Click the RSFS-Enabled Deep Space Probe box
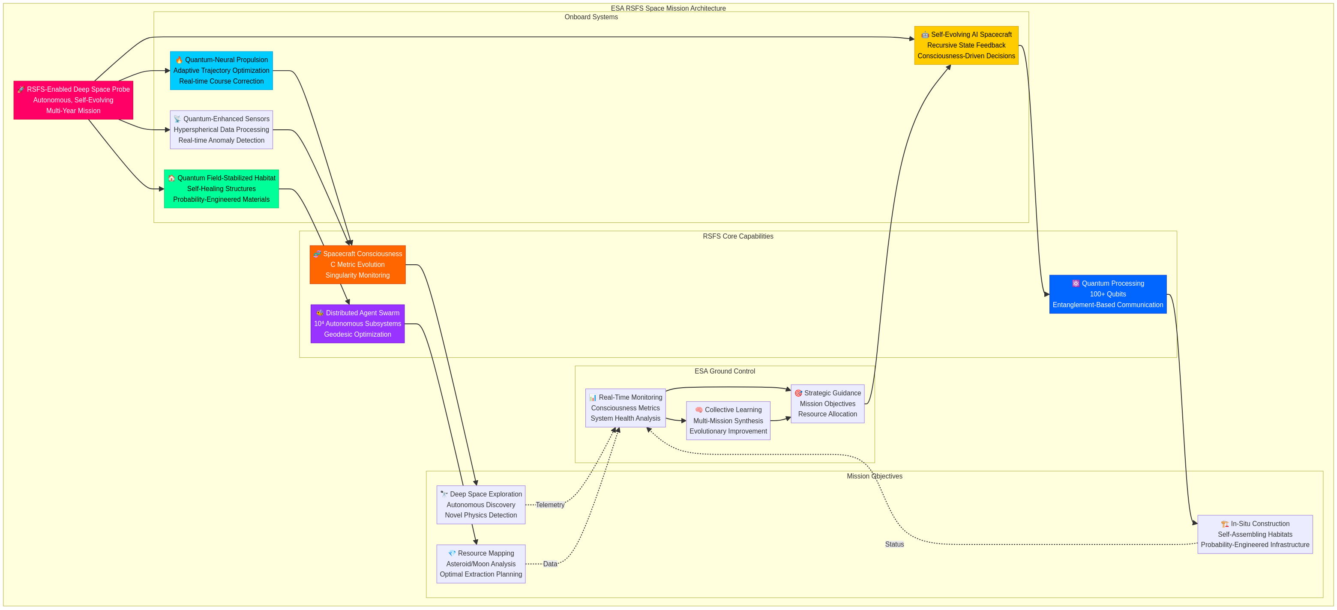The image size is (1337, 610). tap(73, 100)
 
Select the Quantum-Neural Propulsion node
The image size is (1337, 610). tap(221, 71)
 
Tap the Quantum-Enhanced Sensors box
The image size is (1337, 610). tap(221, 130)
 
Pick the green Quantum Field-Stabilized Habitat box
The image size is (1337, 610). tap(221, 189)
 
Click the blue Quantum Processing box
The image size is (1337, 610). tap(1108, 294)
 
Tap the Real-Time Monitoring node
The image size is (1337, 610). tap(625, 408)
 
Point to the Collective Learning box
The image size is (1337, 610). tap(728, 421)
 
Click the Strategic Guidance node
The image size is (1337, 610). tap(827, 404)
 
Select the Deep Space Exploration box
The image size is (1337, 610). tap(481, 505)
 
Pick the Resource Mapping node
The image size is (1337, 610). tap(481, 564)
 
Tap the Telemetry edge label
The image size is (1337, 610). tap(550, 505)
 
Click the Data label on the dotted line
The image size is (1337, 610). tap(550, 564)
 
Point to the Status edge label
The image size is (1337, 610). tap(894, 544)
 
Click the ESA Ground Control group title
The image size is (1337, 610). tap(725, 371)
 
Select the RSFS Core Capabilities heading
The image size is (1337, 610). tap(737, 236)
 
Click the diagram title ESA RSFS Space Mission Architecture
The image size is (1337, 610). tap(668, 8)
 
